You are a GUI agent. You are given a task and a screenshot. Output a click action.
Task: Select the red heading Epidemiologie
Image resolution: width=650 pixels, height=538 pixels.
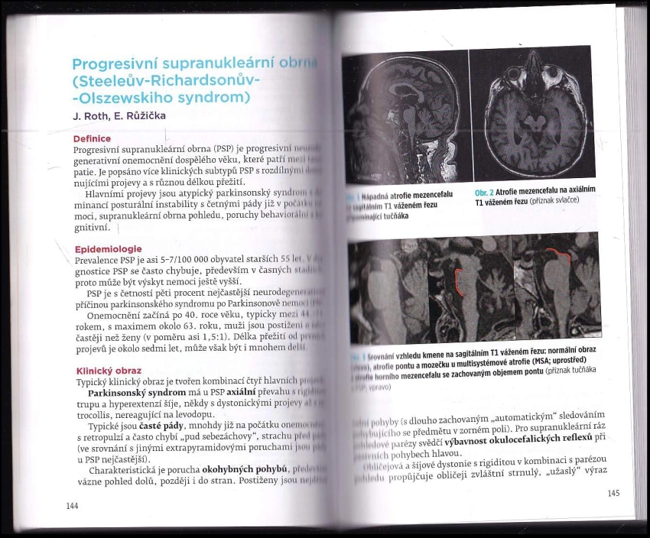click(x=107, y=248)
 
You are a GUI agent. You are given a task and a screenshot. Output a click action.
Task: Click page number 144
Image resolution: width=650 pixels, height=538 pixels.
click(x=73, y=505)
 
